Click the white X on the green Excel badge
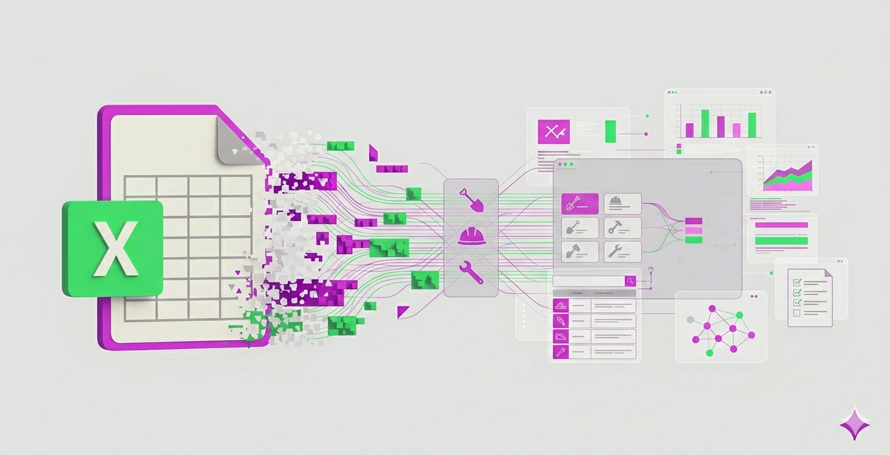click(115, 249)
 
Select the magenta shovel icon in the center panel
click(472, 200)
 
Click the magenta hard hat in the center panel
click(472, 236)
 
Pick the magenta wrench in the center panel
click(471, 272)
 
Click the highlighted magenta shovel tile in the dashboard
click(580, 204)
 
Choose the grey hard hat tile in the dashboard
click(622, 204)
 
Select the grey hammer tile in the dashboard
click(622, 228)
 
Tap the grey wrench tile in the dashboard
click(622, 252)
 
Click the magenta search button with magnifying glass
click(630, 281)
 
